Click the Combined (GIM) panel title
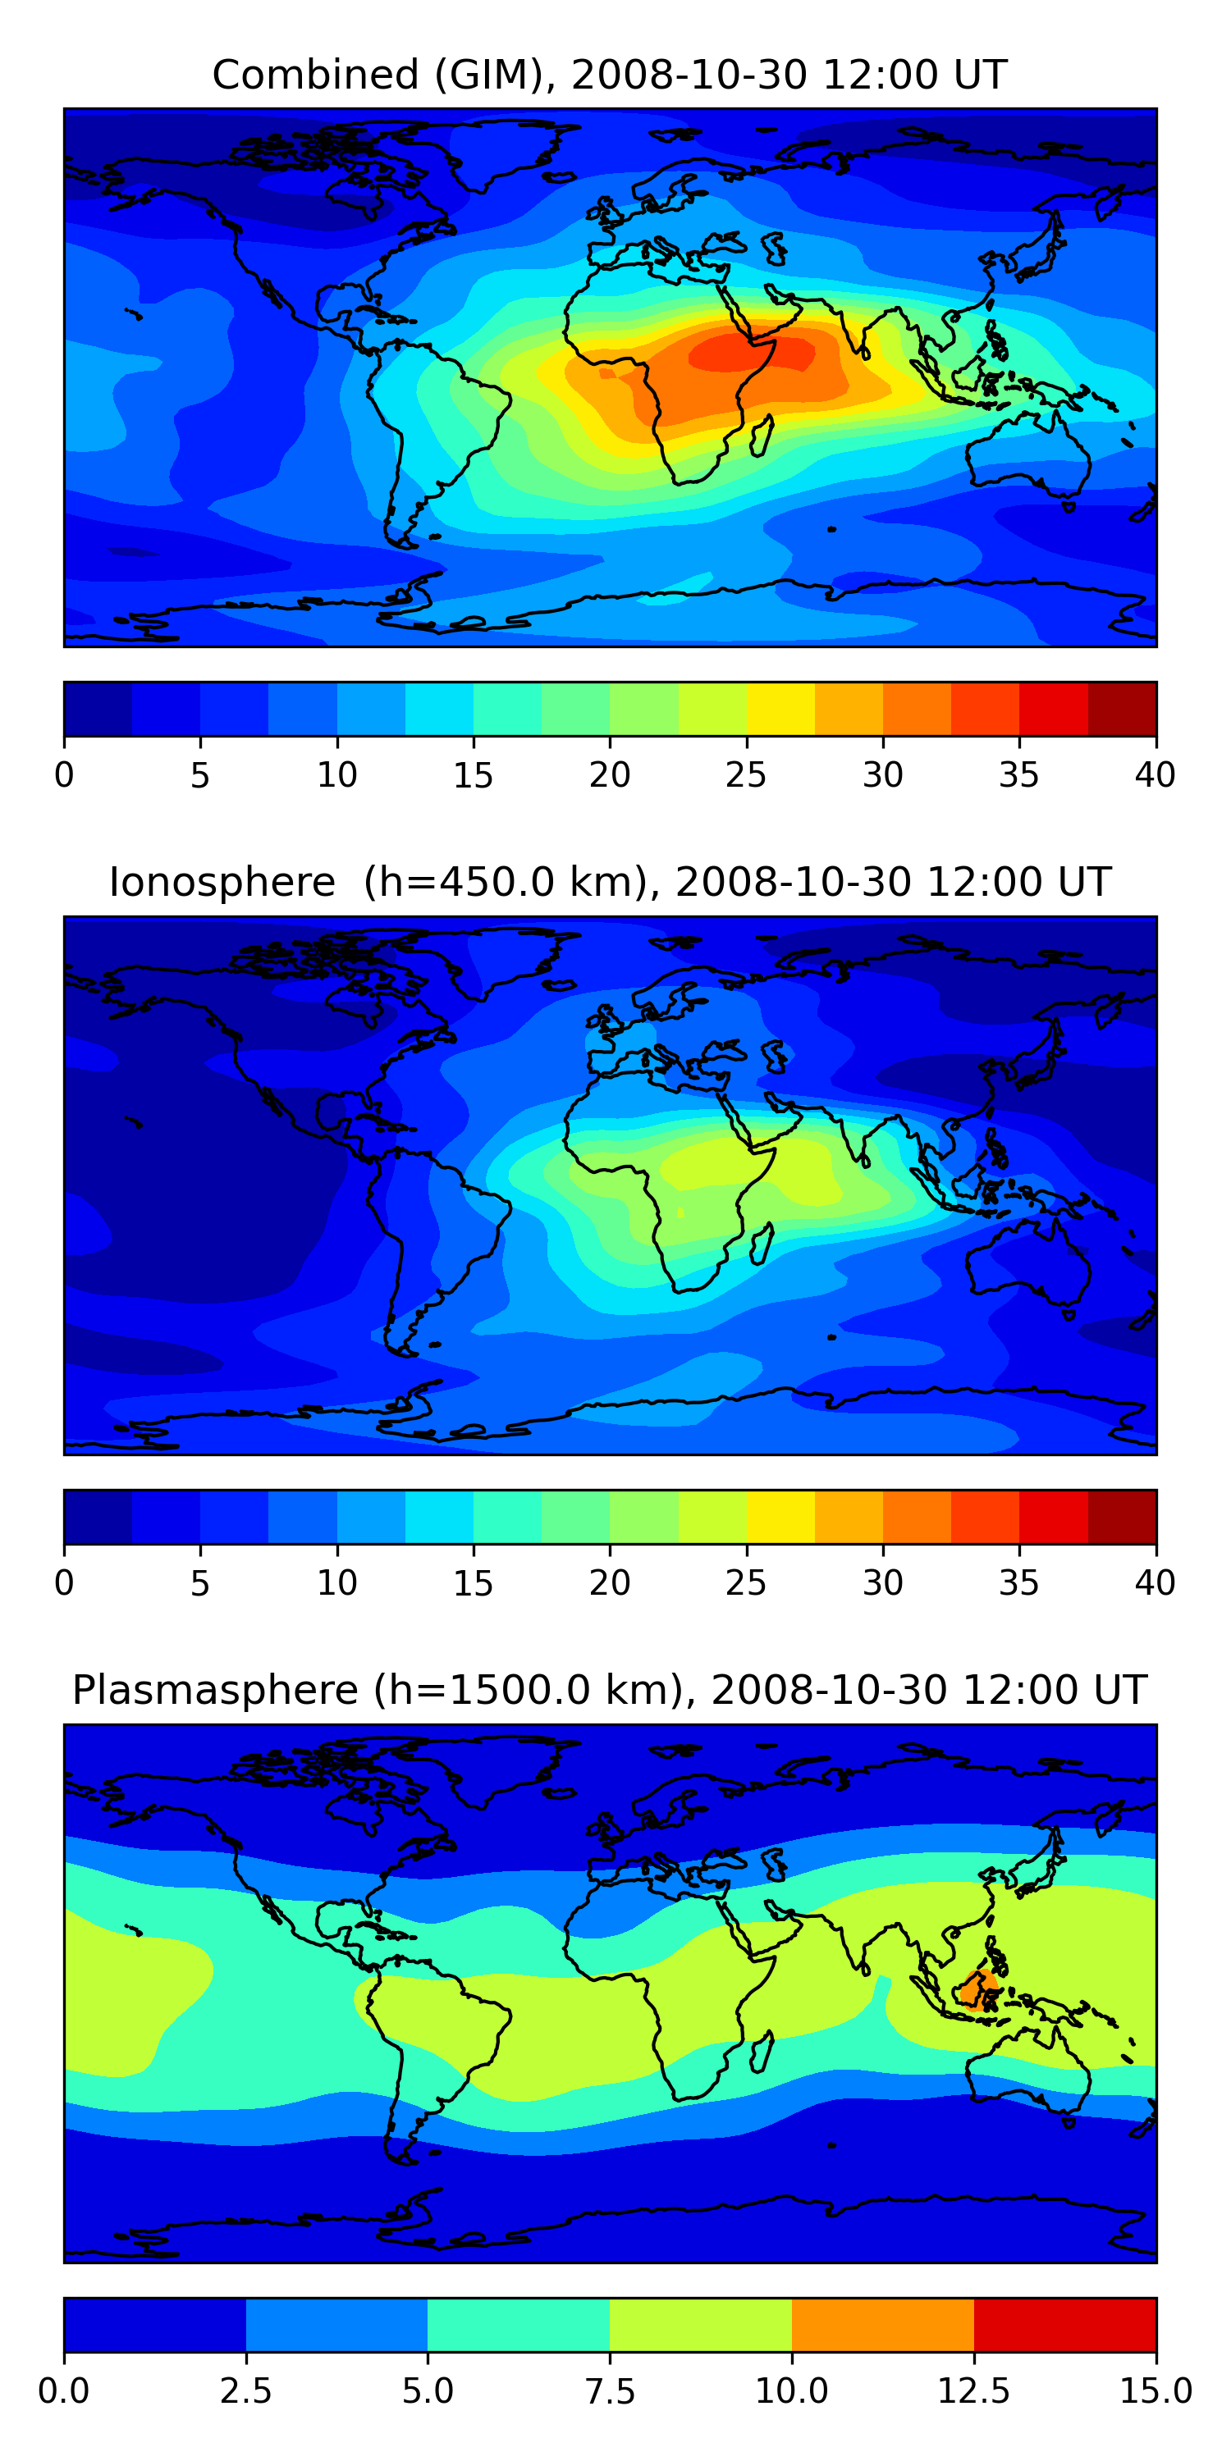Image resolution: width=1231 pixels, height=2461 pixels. (609, 75)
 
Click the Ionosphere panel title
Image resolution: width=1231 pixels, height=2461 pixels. (609, 882)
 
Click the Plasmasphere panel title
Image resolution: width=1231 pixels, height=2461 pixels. (609, 1690)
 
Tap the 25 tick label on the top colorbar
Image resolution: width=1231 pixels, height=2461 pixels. (745, 774)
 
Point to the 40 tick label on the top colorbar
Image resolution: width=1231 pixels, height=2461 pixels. (1155, 774)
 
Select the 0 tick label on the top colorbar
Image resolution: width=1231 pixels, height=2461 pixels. (64, 774)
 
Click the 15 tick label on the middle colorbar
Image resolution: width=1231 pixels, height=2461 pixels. (473, 1583)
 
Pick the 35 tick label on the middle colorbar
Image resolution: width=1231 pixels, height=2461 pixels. (1018, 1583)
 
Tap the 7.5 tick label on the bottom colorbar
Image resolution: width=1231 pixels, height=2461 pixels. (610, 2391)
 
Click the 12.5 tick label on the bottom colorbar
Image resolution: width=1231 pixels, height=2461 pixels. (973, 2391)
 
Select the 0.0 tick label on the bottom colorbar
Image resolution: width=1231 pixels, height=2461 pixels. (64, 2391)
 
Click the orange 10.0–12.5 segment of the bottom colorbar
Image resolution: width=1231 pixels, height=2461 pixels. (882, 2324)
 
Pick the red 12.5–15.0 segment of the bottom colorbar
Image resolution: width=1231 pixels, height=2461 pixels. (1064, 2324)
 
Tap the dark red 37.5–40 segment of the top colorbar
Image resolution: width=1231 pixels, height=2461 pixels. (1122, 709)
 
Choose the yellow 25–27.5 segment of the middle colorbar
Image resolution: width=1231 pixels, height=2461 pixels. (780, 1516)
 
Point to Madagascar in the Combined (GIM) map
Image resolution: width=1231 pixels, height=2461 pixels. (762, 436)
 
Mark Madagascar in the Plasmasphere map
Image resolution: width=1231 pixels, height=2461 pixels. (762, 2052)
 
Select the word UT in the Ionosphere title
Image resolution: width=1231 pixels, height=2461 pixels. (1084, 882)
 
